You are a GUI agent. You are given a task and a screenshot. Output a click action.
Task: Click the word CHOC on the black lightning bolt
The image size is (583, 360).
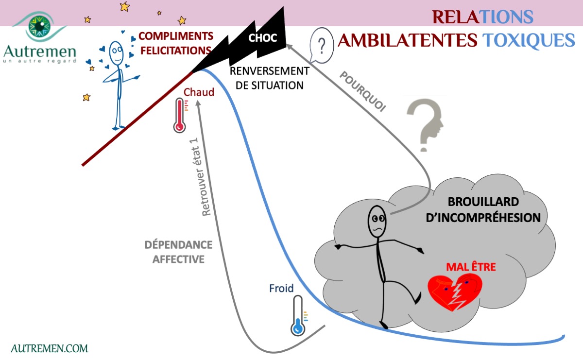[x=262, y=38]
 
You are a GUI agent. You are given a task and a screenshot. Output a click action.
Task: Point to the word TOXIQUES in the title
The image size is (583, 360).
[x=529, y=41]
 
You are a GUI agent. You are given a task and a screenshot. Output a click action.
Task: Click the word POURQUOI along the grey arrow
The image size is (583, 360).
[x=362, y=91]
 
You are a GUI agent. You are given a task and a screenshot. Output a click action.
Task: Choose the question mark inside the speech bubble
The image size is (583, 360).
[x=322, y=46]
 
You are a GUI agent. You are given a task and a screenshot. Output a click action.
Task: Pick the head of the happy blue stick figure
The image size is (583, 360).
[x=116, y=53]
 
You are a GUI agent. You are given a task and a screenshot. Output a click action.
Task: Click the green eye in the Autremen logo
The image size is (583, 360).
[x=39, y=26]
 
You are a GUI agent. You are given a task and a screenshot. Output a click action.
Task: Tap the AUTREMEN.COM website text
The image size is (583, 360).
[x=50, y=348]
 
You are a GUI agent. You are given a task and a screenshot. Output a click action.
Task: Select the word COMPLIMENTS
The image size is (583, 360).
[x=176, y=36]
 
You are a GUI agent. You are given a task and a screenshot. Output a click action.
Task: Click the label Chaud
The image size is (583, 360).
[x=199, y=92]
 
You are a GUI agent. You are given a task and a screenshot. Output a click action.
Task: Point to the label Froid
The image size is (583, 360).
[x=281, y=288]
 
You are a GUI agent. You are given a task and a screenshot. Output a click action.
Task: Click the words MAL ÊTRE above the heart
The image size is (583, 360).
[x=471, y=267]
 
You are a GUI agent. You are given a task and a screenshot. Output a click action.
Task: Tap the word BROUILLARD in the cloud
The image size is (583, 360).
[x=483, y=202]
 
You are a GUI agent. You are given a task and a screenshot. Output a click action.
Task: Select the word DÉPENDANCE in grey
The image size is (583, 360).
[x=179, y=245]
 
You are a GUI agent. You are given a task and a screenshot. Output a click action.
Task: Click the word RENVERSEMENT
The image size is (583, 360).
[x=269, y=71]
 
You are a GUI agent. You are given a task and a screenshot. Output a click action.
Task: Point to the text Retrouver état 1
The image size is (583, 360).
[x=201, y=177]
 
